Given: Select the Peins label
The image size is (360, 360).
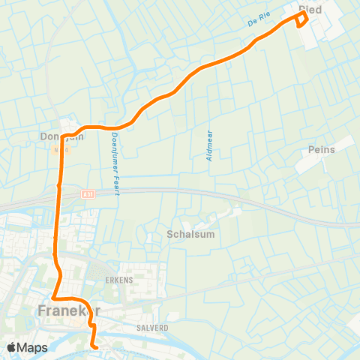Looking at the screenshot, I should point(321,150).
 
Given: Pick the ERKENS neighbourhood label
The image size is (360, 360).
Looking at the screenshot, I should point(119,279).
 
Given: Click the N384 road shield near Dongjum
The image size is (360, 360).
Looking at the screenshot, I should point(60,149).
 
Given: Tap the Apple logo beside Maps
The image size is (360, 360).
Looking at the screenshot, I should point(13,347).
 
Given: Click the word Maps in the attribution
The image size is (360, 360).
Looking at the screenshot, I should point(33,347).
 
